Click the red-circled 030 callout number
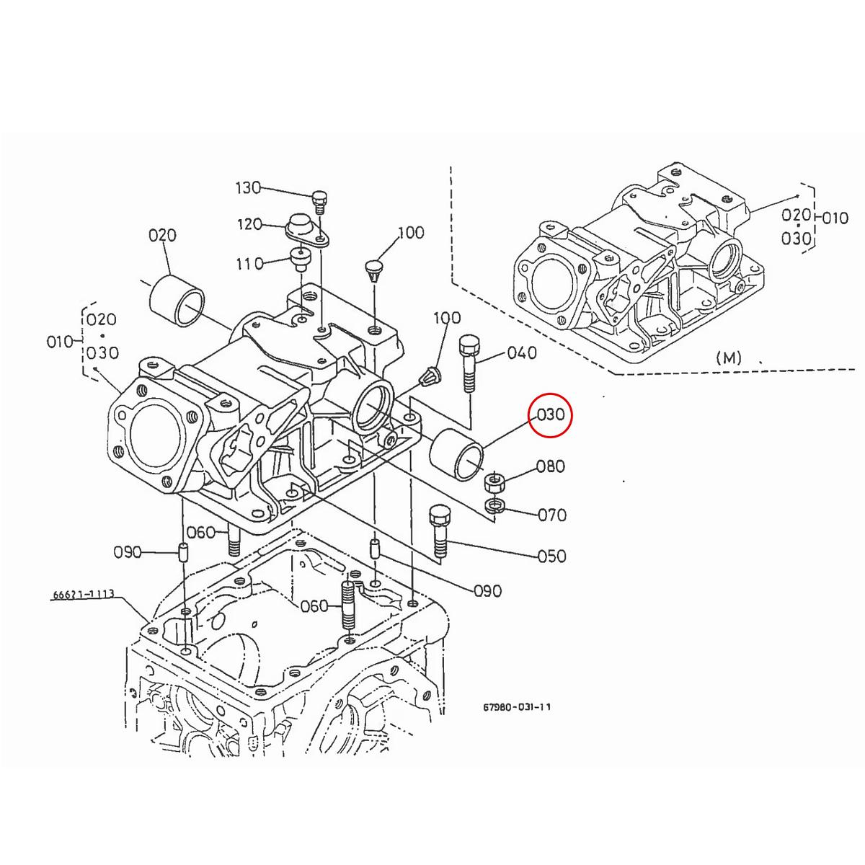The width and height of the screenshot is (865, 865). point(551,416)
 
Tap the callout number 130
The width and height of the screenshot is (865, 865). point(248,188)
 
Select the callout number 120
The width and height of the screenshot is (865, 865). point(249,224)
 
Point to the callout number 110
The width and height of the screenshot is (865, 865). point(249,264)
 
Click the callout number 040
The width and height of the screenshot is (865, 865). point(522,352)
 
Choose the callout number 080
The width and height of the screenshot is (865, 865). point(551,466)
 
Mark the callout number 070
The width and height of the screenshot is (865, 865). point(552,515)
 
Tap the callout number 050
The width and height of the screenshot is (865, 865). point(552,556)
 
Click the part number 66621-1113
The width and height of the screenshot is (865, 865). point(83,595)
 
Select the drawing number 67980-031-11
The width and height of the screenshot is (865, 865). point(517,707)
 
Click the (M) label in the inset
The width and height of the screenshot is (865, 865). point(729,357)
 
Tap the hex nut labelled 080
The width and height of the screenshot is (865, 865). point(494,480)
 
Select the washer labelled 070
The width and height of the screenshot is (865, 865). point(495,506)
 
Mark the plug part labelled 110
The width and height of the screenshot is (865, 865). point(297,257)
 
